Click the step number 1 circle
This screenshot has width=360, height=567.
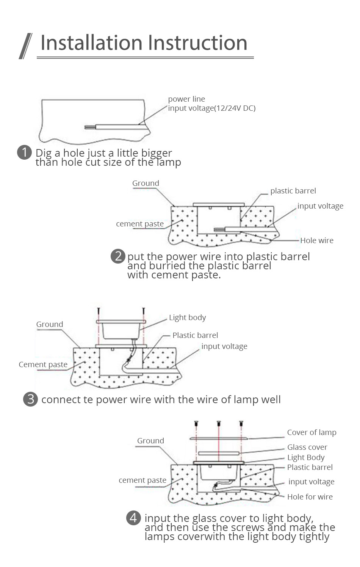[x=24, y=152]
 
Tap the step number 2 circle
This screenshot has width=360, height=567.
[x=118, y=256]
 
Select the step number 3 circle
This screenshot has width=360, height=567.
[x=30, y=399]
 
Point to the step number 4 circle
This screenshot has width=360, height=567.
[x=133, y=518]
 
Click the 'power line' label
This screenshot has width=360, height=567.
[x=186, y=99]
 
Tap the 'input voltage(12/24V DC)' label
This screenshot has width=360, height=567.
[x=211, y=108]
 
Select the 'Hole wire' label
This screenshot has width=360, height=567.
[x=317, y=240]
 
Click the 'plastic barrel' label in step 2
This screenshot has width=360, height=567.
[x=293, y=191]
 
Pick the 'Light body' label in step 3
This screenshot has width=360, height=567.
[x=187, y=317]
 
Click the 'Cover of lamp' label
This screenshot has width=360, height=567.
[x=311, y=432]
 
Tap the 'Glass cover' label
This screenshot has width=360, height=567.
[x=307, y=447]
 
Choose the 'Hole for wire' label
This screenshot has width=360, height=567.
[x=310, y=497]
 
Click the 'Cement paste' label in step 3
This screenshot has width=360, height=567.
[x=43, y=364]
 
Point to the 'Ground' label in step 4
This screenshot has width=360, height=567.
[x=150, y=441]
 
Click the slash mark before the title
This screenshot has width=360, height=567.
[x=25, y=46]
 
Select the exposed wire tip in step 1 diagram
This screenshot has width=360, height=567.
[x=89, y=127]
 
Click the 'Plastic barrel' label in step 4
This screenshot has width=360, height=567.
[x=310, y=467]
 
